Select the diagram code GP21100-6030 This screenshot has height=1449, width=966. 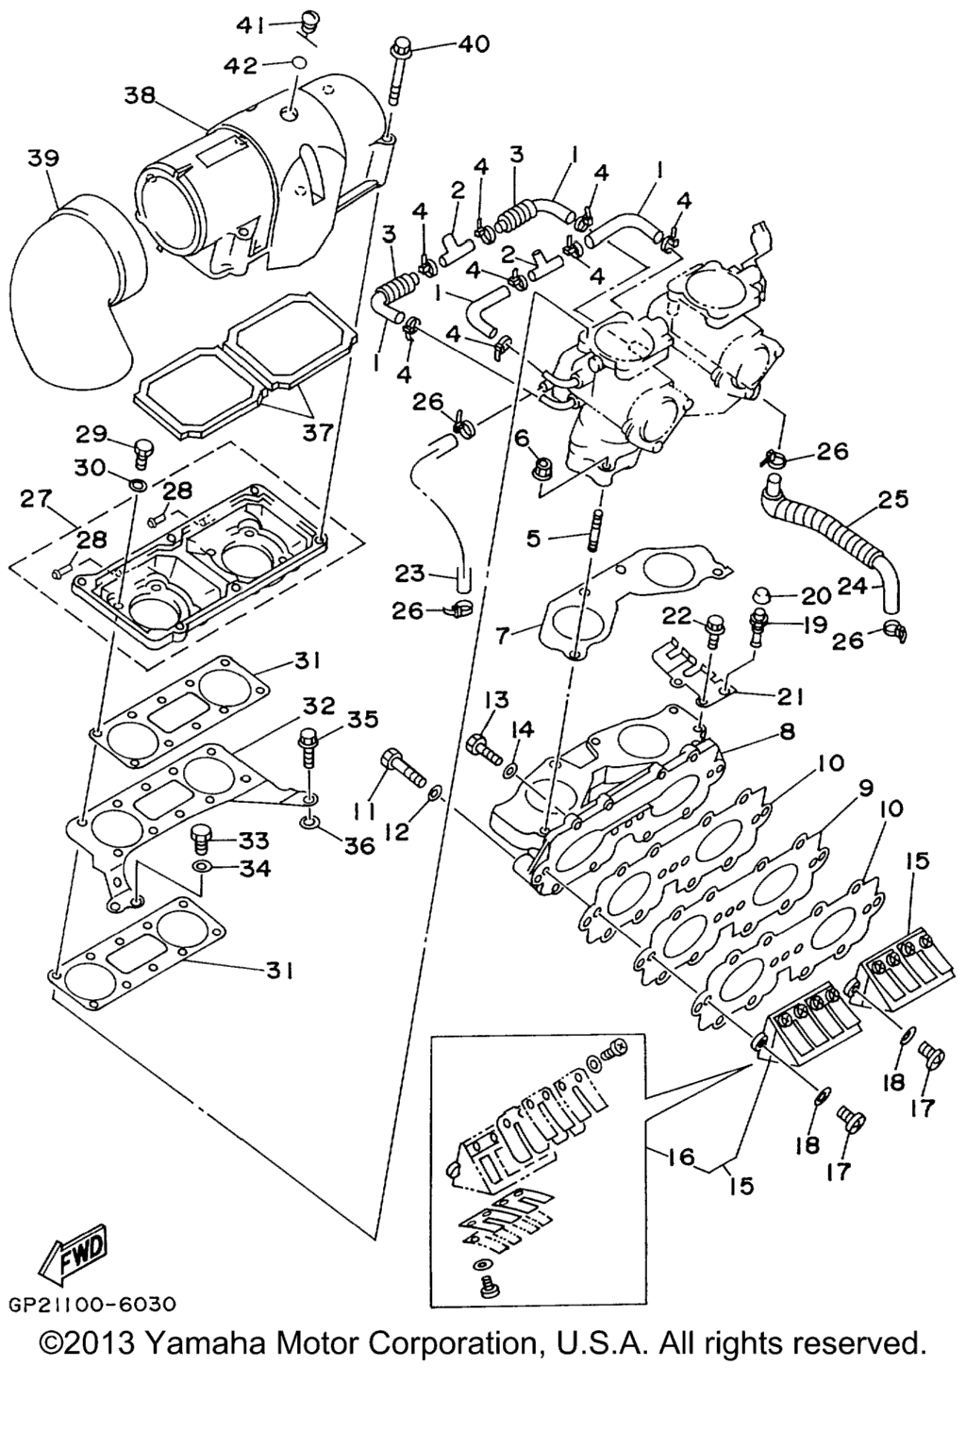click(92, 1305)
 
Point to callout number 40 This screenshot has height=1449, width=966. click(474, 43)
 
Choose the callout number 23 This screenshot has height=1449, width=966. click(410, 573)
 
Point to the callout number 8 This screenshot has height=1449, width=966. click(787, 731)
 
